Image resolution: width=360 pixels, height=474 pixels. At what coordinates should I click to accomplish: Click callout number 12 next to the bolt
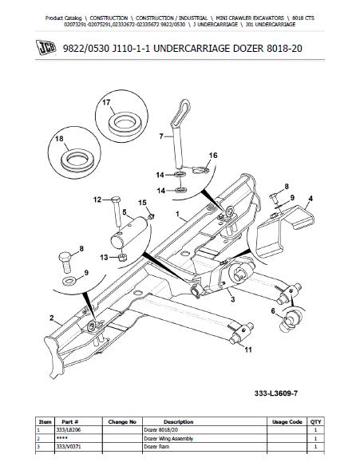(x=97, y=199)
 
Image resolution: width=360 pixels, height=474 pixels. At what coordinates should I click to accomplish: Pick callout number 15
(x=142, y=203)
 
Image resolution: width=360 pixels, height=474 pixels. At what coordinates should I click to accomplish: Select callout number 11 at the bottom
(x=248, y=350)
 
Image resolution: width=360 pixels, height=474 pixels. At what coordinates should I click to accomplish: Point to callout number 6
(x=274, y=310)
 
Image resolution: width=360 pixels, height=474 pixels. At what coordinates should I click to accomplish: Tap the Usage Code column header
(x=286, y=421)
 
